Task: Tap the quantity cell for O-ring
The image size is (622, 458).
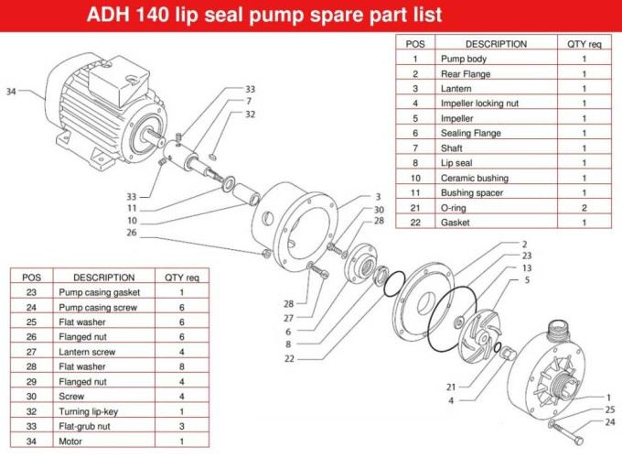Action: [584, 207]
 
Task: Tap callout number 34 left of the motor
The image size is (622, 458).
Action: [12, 92]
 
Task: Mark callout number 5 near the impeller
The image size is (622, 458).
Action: [526, 280]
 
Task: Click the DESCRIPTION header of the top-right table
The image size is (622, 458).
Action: [496, 44]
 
